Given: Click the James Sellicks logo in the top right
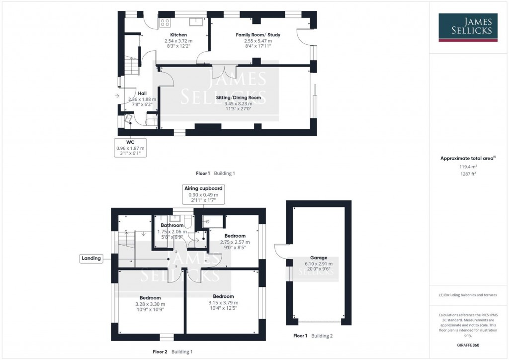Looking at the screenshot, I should coord(468,27).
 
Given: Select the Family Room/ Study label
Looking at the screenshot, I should coord(258,35).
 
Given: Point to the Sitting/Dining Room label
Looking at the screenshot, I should coord(239,98).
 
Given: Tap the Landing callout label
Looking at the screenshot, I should coord(92,258).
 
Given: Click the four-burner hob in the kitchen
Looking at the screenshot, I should coord(165,22).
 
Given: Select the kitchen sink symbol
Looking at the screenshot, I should coord(195,21).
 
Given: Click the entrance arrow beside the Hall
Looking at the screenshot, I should coord(117,96).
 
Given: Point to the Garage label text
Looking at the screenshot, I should coord(319,258).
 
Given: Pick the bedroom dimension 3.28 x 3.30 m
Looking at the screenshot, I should coord(151,304).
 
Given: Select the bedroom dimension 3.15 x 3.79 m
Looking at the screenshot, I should coord(223,302).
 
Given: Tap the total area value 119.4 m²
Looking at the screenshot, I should coord(468,167).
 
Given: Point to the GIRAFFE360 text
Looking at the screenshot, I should coord(468,345).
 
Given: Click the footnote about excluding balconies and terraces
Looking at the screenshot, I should coord(468,295).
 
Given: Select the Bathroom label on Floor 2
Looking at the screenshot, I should coord(172,225).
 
